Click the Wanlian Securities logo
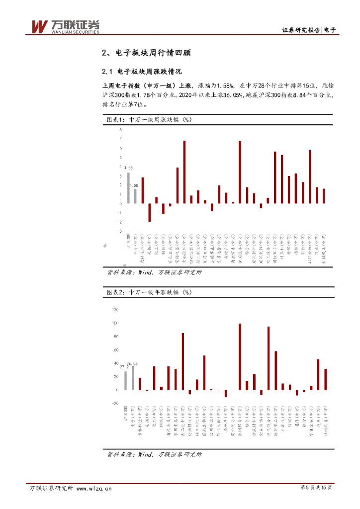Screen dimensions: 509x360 pyautogui.click(x=65, y=27)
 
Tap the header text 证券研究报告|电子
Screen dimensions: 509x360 pyautogui.click(x=309, y=30)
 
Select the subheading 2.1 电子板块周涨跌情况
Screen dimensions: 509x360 pyautogui.click(x=141, y=71)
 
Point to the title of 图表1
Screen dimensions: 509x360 pyautogui.click(x=149, y=120)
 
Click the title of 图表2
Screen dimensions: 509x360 pyautogui.click(x=149, y=292)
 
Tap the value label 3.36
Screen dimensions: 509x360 pyautogui.click(x=128, y=168)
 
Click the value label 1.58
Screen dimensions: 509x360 pyautogui.click(x=134, y=185)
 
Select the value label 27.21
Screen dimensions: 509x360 pyautogui.click(x=125, y=367)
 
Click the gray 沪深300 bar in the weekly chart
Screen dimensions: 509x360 pyautogui.click(x=128, y=188)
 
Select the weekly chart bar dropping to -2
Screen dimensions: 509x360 pyautogui.click(x=149, y=212)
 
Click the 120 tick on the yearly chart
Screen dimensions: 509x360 pyautogui.click(x=116, y=310)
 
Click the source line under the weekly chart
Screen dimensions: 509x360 pyautogui.click(x=155, y=272)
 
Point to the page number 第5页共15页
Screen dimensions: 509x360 pyautogui.click(x=316, y=489)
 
